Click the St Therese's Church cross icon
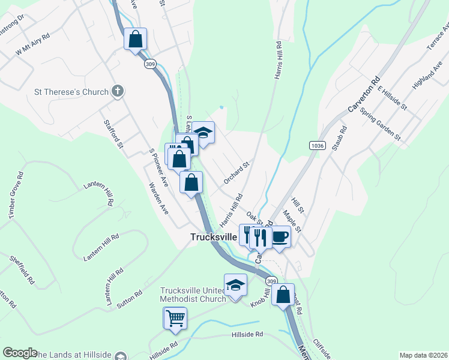tap(118, 92)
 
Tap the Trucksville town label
tap(213, 236)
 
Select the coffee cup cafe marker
tap(280, 236)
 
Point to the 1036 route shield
tap(318, 146)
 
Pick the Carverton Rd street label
tap(364, 95)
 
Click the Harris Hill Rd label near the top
tap(278, 61)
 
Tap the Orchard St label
tap(236, 172)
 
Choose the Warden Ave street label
tap(158, 199)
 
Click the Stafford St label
tap(113, 134)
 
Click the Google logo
tap(19, 353)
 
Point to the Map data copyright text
tap(423, 355)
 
